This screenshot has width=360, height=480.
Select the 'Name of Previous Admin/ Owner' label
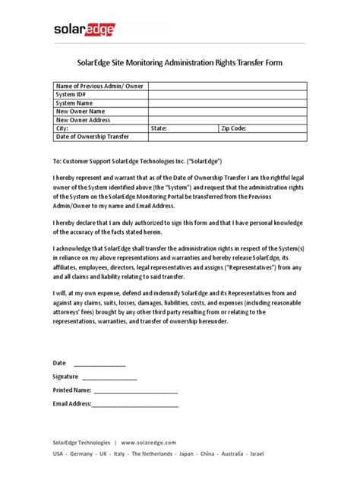click(98, 87)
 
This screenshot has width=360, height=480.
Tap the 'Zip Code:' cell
click(235, 128)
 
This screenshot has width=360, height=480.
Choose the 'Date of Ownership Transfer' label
click(93, 137)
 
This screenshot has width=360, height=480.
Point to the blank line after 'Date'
click(99, 365)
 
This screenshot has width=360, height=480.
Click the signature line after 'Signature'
click(109, 377)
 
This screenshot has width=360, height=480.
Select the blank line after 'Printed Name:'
click(135, 390)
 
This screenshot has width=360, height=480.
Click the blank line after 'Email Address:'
click(134, 404)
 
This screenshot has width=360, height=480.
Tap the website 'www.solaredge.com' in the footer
click(148, 442)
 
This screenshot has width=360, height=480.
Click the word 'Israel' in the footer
click(256, 453)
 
